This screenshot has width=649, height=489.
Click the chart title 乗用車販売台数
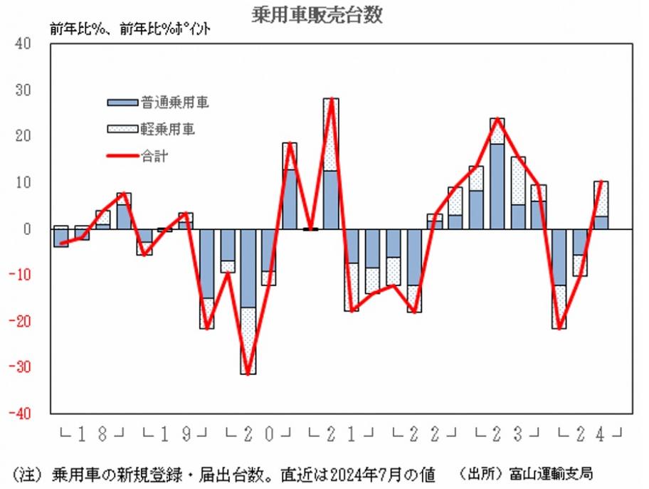(x=317, y=15)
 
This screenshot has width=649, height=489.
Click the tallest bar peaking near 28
(x=331, y=164)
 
